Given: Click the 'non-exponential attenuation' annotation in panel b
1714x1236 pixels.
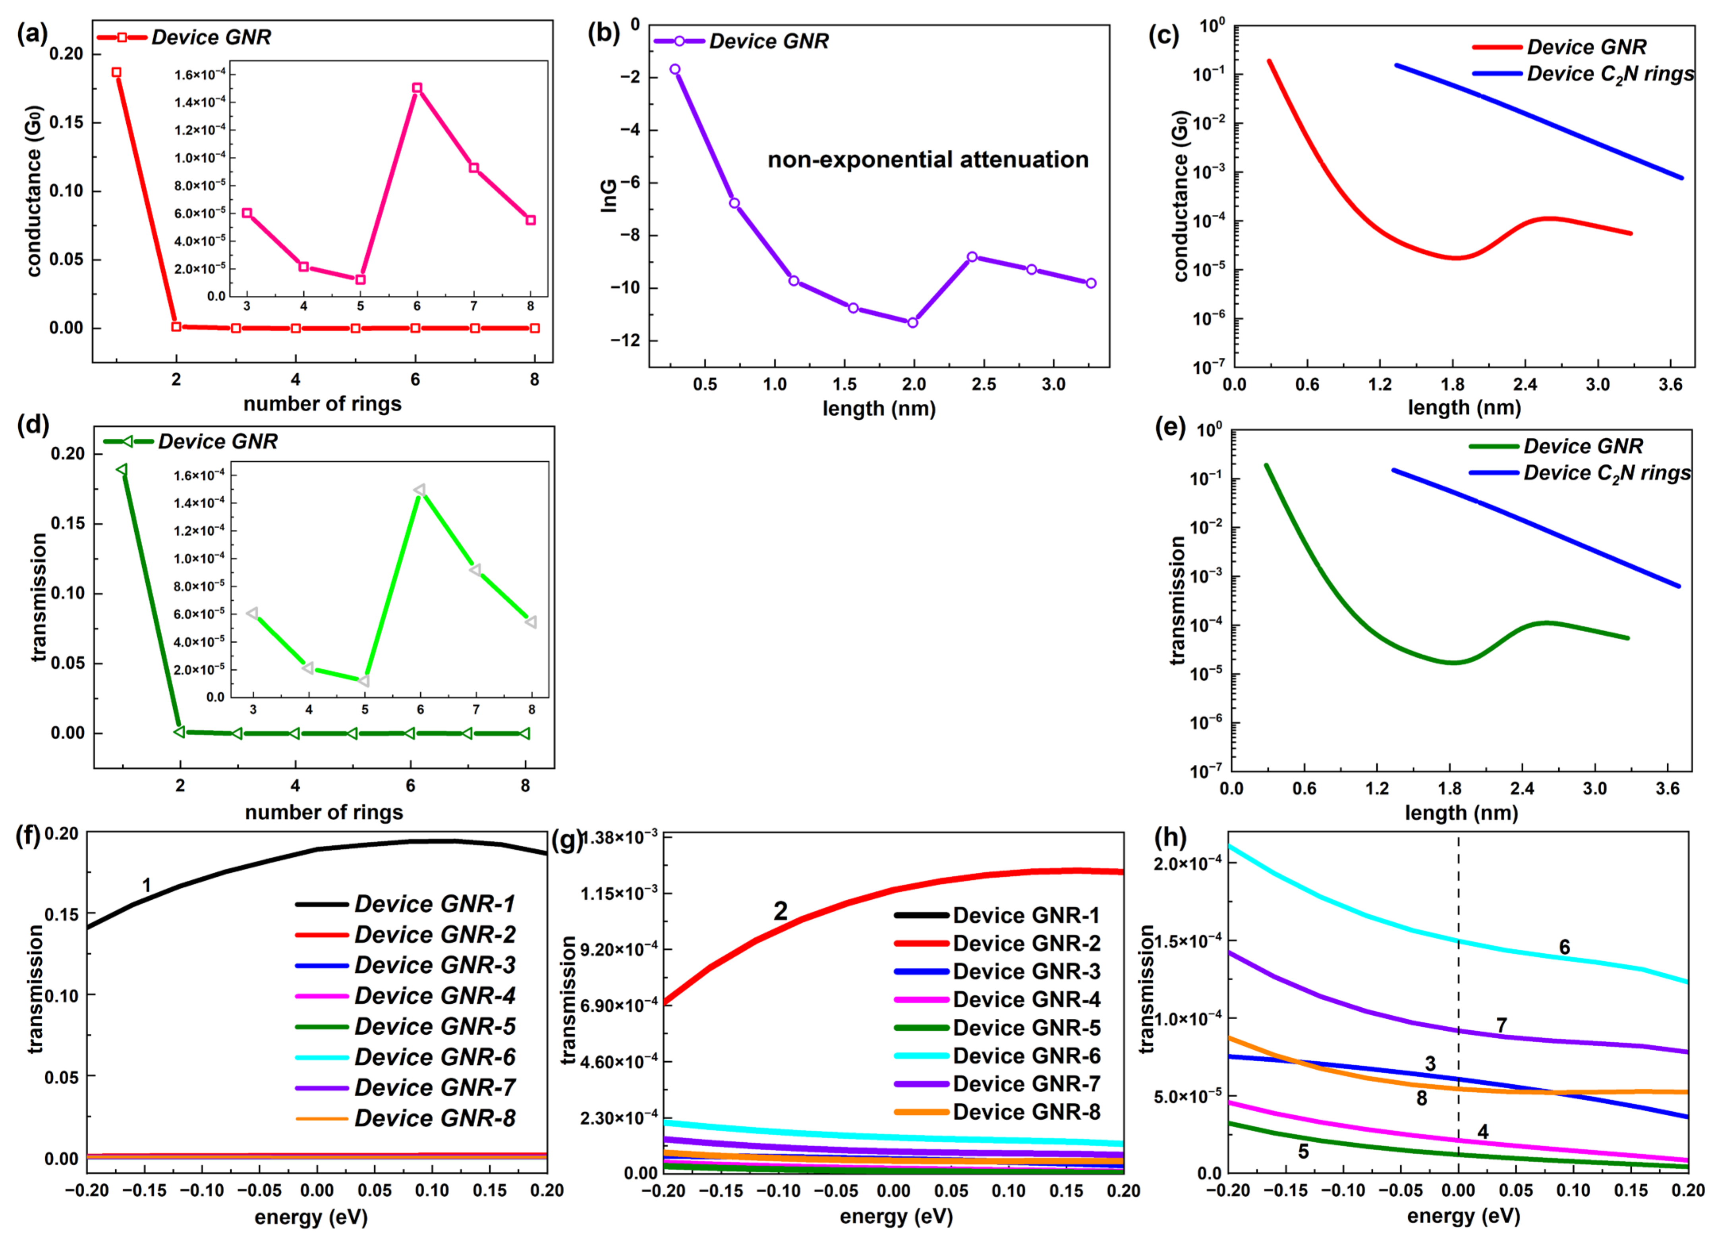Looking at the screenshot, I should pos(928,160).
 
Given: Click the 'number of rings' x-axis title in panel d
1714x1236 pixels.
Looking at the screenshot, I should pos(323,812).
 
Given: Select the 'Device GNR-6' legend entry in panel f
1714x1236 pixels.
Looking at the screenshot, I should pos(435,1057).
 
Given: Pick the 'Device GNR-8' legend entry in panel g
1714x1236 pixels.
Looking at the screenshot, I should pos(1026,1112).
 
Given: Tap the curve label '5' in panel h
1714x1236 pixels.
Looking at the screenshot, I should pos(1304,1152).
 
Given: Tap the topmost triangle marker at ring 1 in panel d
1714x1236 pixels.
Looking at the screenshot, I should pos(122,470).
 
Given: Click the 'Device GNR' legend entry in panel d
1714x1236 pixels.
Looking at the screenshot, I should pos(218,441).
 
